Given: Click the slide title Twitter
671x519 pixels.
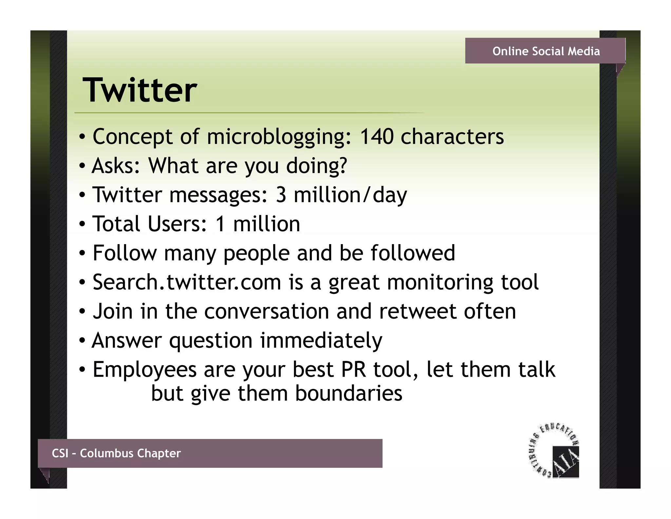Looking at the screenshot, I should point(140,90).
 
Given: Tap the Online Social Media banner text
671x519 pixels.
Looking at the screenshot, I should point(546,51).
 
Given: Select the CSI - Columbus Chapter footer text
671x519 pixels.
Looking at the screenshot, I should point(116,453).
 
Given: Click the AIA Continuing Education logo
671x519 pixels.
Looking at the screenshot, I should point(554,451).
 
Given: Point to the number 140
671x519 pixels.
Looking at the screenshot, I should point(376,136).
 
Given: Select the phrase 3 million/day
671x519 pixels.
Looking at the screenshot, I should point(341,195).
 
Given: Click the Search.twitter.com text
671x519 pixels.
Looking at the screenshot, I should point(187,282).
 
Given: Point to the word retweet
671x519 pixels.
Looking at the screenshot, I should point(417,311).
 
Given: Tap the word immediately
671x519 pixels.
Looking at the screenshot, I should point(321,341).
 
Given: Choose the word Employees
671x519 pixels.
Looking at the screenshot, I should point(144,370).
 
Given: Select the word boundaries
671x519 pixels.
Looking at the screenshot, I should point(349,393).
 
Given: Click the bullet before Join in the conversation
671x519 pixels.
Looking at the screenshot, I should point(82,312).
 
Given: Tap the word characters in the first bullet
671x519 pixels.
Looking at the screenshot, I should point(452,136).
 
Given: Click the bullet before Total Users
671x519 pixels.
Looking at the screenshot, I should point(82,224).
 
